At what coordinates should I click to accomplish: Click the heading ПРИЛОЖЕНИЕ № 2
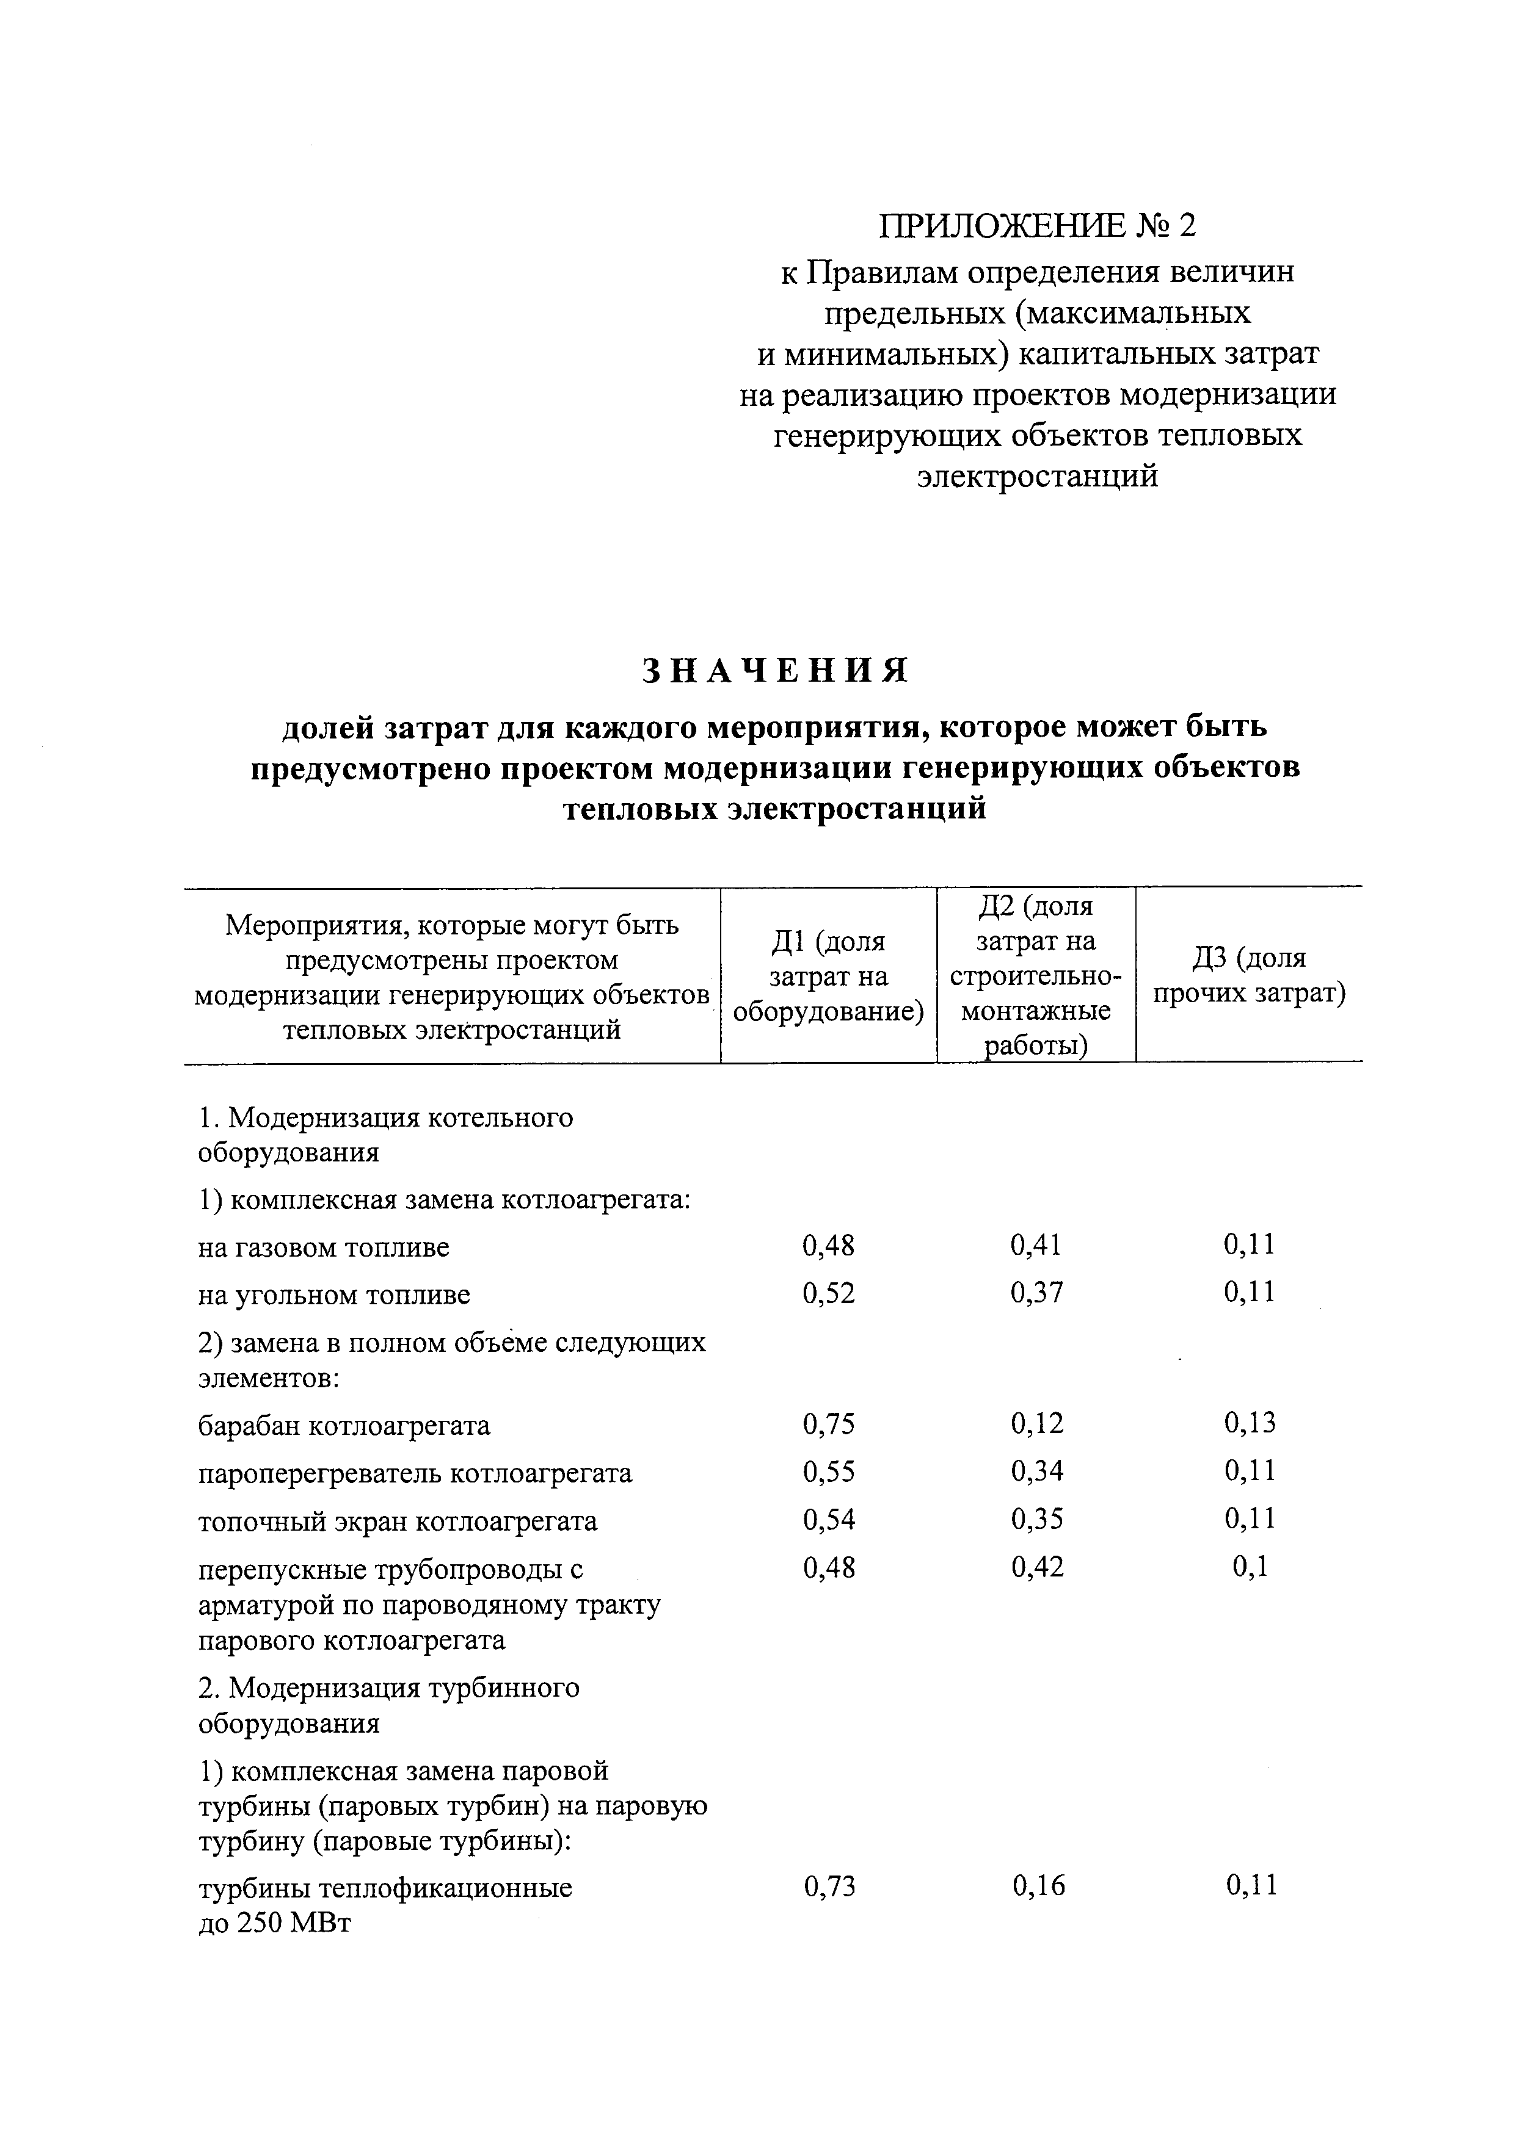point(1037,225)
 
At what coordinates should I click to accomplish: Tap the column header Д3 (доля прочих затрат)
point(1249,975)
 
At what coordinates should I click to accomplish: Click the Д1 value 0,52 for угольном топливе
point(828,1293)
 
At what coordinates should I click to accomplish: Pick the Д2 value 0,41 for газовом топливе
point(1036,1245)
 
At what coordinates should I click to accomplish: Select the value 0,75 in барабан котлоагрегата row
point(828,1423)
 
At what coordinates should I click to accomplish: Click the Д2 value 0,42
point(1036,1569)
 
